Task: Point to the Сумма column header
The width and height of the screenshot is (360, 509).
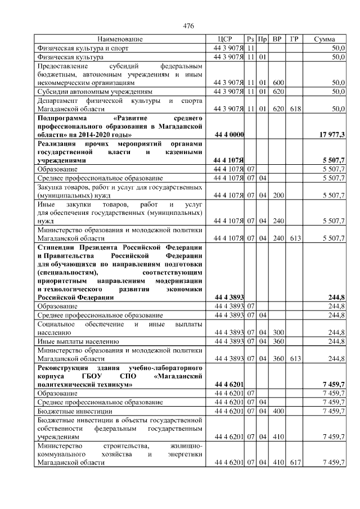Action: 325,39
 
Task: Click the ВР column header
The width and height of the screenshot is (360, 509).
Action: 277,39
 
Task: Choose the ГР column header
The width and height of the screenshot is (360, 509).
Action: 294,39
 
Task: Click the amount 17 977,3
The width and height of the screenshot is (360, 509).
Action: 332,136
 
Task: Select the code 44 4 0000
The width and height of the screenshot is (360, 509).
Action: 229,136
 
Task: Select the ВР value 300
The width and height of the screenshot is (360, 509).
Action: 277,332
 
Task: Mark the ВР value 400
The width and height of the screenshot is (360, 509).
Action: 277,411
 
